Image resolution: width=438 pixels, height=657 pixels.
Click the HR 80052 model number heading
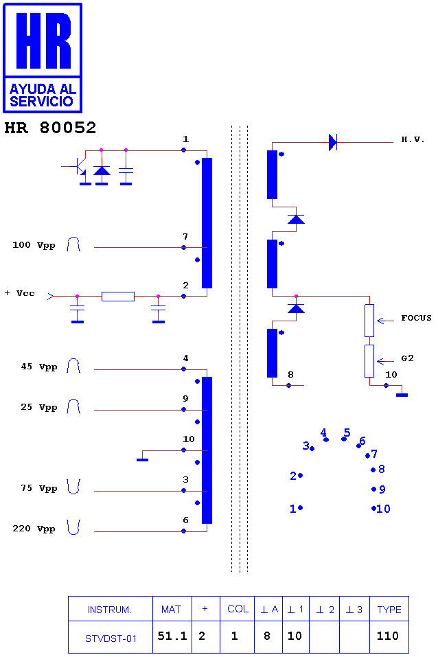click(50, 128)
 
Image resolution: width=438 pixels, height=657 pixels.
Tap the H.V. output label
click(413, 139)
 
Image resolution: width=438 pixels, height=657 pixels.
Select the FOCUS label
click(416, 318)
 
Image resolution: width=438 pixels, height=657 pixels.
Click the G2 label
click(407, 358)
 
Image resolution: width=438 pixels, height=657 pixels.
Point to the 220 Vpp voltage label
click(34, 529)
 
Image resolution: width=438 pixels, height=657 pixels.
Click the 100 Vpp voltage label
click(34, 245)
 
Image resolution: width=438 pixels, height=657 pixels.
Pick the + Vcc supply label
click(20, 293)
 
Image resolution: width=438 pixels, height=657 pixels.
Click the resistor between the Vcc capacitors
click(118, 297)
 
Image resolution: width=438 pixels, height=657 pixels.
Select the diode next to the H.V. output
click(333, 143)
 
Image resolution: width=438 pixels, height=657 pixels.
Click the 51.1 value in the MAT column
click(172, 636)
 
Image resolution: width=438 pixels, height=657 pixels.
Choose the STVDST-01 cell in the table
click(111, 638)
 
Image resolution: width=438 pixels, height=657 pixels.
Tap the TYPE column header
click(389, 610)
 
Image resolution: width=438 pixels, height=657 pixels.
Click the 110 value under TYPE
click(388, 636)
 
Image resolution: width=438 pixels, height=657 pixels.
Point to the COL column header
click(238, 609)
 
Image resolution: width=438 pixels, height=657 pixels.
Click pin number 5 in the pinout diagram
click(347, 433)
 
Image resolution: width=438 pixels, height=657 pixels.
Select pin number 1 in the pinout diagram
click(293, 509)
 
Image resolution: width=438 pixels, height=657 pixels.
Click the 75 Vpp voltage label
click(39, 488)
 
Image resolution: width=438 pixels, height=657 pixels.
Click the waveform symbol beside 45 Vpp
click(73, 365)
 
